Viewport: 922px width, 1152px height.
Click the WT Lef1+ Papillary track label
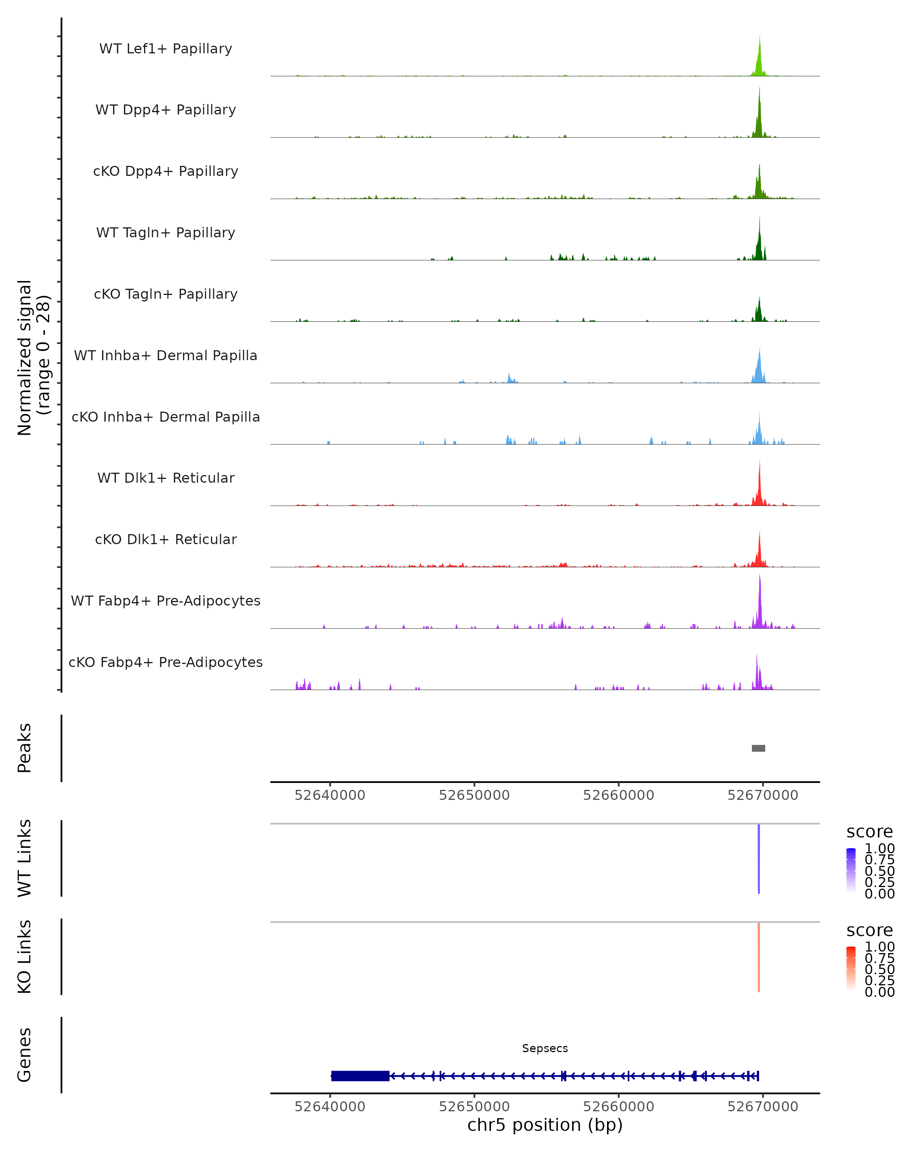(x=166, y=49)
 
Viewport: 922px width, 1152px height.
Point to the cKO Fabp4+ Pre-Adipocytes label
(x=166, y=662)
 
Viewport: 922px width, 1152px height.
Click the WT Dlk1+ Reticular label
(x=166, y=478)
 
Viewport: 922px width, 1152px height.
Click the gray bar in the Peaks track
(x=758, y=748)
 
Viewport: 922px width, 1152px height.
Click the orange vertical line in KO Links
(x=758, y=957)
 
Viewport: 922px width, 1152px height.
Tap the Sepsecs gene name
(x=545, y=1048)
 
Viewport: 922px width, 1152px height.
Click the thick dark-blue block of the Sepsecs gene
(x=360, y=1076)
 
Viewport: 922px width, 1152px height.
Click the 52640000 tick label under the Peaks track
(x=330, y=795)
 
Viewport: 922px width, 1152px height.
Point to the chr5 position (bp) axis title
(x=545, y=1125)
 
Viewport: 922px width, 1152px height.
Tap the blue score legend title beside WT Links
(x=869, y=832)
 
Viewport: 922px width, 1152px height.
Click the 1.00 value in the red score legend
(x=879, y=947)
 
